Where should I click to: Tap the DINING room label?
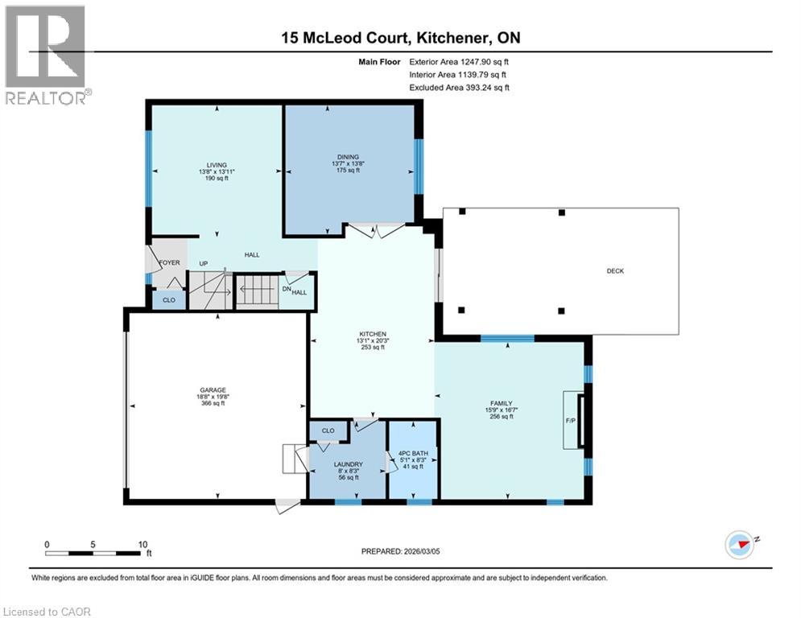point(348,157)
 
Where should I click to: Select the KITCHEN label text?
point(373,334)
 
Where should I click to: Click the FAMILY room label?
point(502,403)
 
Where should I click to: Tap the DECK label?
point(616,271)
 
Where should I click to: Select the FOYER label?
point(169,262)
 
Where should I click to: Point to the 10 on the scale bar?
point(142,544)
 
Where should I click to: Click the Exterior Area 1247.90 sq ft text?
point(459,60)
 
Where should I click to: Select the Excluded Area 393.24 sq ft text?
point(459,88)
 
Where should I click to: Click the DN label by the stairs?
point(286,288)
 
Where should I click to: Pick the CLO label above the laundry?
point(328,431)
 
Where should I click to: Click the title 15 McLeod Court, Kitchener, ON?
point(400,37)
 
